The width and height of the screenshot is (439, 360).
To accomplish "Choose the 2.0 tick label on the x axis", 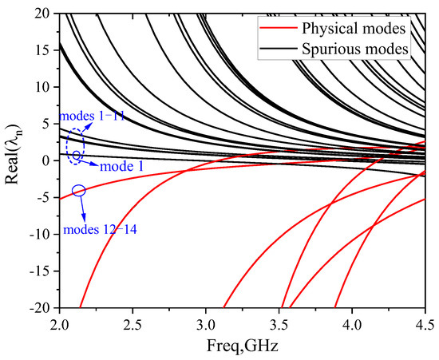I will (59, 324).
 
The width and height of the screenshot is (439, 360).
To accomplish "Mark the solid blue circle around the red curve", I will (78, 190).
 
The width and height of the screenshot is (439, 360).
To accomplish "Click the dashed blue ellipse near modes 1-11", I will (75, 147).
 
